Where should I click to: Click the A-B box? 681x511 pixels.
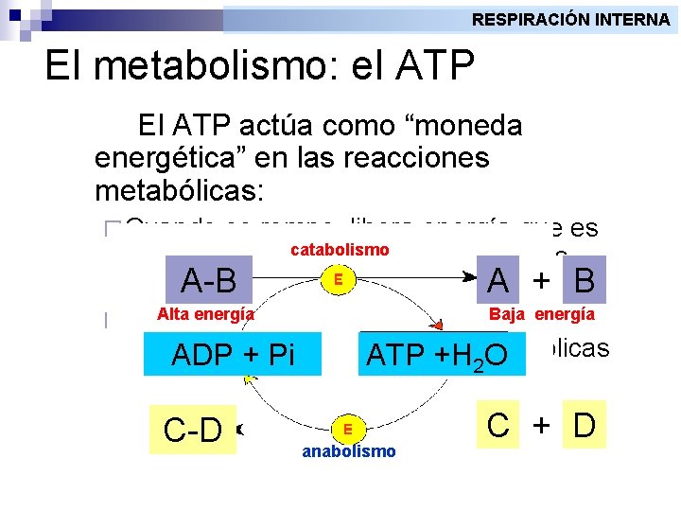coord(209,281)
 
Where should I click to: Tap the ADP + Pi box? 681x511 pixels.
coord(234,355)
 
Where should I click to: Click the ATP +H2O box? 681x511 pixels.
coord(437,355)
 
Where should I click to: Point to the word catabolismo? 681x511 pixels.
coord(339,250)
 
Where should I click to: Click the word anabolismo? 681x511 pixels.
coord(349,451)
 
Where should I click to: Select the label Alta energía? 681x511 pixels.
coord(205,314)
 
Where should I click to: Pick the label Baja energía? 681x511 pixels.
coord(542,314)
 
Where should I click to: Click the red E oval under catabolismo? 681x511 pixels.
coord(338,280)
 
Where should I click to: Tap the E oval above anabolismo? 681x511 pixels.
coord(348,428)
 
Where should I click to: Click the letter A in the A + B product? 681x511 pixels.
coord(498,280)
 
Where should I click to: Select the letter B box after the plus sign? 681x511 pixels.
coord(584,280)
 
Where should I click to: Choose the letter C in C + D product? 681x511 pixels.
coord(498,426)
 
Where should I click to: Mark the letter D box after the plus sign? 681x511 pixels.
coord(584,426)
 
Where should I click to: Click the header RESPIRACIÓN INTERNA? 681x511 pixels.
coord(570,19)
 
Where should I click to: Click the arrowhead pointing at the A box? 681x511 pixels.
coord(469,275)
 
